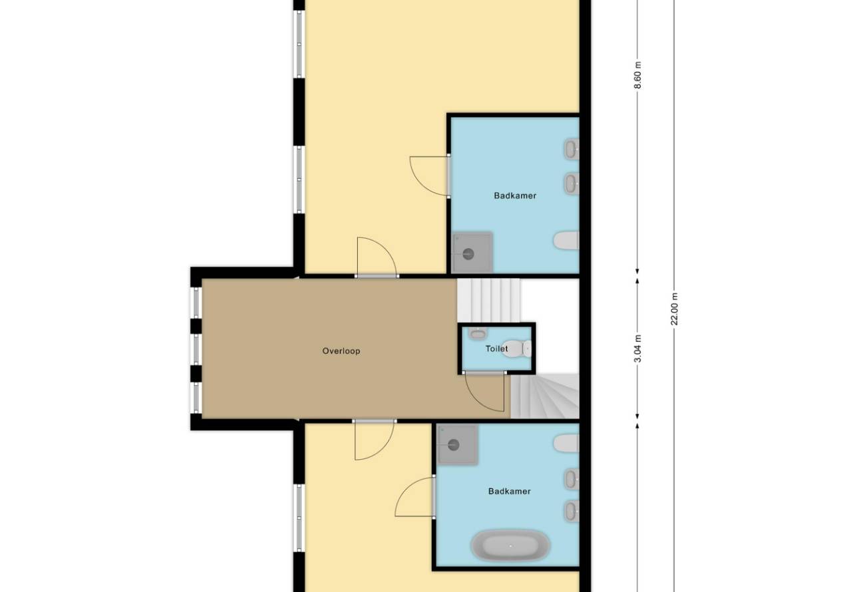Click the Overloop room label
click(x=341, y=351)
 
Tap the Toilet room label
click(x=496, y=349)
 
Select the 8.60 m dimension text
click(x=637, y=75)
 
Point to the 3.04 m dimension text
click(x=637, y=349)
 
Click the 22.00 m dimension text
click(x=674, y=309)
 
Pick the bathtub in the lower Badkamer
click(x=510, y=545)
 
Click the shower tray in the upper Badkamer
click(x=472, y=252)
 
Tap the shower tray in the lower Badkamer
click(x=458, y=444)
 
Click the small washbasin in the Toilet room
click(x=478, y=333)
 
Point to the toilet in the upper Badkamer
click(x=566, y=240)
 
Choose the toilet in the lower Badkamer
click(x=566, y=443)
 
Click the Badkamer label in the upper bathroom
click(x=515, y=196)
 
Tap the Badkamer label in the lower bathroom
click(x=509, y=492)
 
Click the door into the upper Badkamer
click(x=429, y=176)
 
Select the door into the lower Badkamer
click(x=415, y=497)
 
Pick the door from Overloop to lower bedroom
click(x=374, y=440)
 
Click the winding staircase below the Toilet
click(x=544, y=396)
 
